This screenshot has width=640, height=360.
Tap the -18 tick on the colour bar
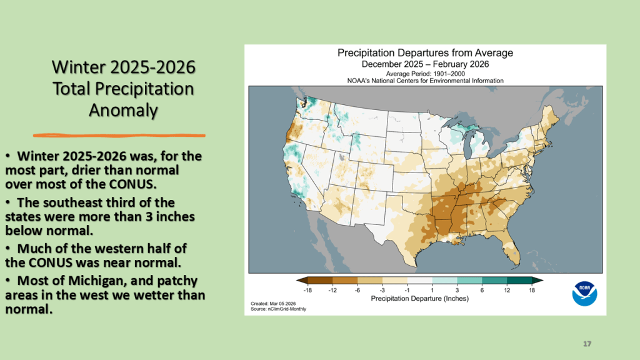click(307, 290)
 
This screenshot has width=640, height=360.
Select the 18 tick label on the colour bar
click(532, 290)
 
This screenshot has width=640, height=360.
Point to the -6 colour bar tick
click(357, 290)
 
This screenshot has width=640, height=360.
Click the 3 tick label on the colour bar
click(457, 290)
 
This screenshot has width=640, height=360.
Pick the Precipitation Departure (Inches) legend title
click(420, 299)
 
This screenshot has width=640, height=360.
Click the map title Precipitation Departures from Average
click(425, 53)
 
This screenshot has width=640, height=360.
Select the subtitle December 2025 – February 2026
click(425, 64)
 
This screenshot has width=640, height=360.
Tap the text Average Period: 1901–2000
click(425, 73)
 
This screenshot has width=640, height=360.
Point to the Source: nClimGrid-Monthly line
click(279, 309)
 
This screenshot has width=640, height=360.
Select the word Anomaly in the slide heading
click(122, 110)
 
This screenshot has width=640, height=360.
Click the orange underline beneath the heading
click(119, 134)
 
